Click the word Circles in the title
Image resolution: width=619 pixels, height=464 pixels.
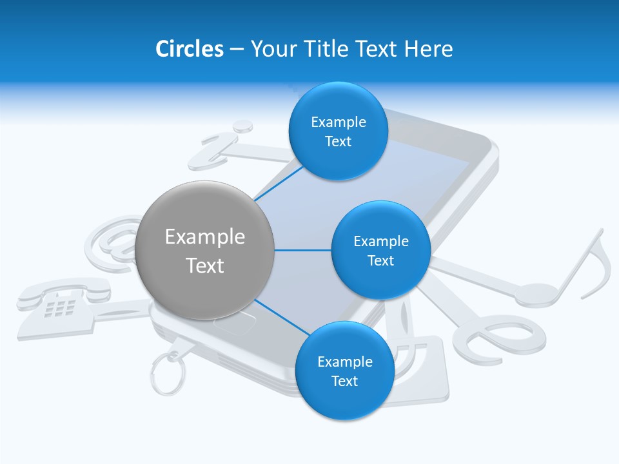[x=189, y=49]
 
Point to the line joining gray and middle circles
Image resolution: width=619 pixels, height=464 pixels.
[x=303, y=250]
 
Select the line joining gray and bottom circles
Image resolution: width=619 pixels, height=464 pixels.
[x=279, y=316]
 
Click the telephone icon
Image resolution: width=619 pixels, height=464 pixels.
[x=61, y=300]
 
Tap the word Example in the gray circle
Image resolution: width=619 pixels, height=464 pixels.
[x=205, y=237]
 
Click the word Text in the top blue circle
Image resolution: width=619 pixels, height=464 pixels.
[x=338, y=142]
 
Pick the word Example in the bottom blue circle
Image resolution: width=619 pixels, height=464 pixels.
[x=344, y=362]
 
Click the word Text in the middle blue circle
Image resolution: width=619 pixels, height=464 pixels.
[x=380, y=261]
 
